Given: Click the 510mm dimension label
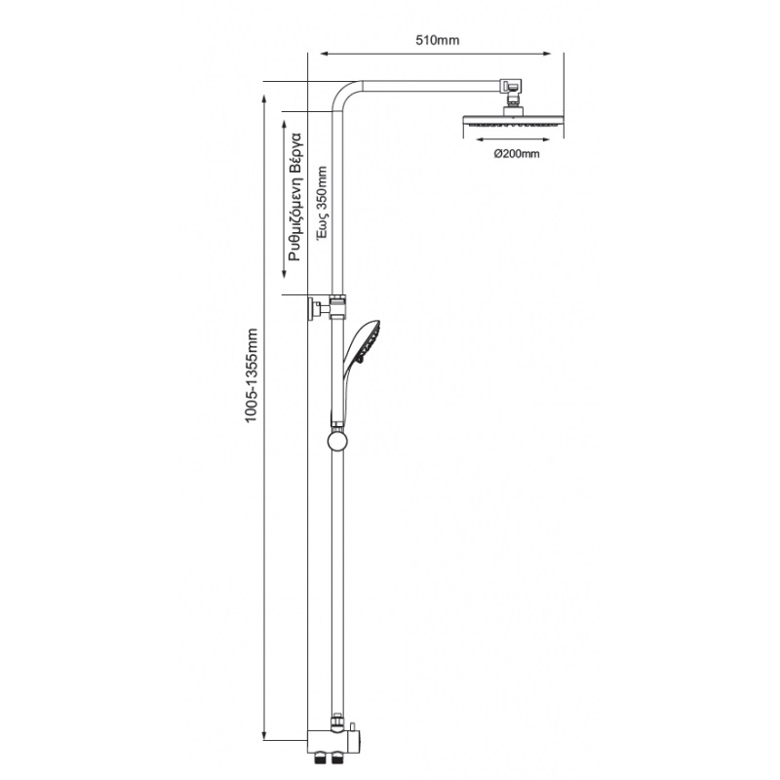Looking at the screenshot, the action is [437, 40].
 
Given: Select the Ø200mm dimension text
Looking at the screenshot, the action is [517, 154].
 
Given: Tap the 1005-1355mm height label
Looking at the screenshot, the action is [253, 375].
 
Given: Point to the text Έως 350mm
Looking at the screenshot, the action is [323, 204].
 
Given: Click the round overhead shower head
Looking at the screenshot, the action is [513, 120].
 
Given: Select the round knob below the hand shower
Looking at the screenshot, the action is [337, 441].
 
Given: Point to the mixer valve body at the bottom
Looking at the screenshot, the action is [335, 741].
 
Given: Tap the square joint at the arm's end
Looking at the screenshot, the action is [510, 86].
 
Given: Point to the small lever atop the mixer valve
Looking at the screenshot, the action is [353, 725].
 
